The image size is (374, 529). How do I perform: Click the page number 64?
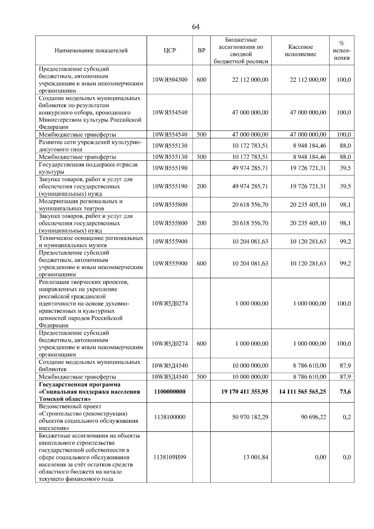tap(196, 27)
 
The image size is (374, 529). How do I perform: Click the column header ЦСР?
tap(170, 50)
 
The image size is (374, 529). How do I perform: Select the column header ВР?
tap(202, 50)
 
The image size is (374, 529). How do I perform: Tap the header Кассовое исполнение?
tap(300, 50)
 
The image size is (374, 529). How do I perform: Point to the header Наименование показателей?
tap(91, 50)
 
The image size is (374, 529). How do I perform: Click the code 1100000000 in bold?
tap(170, 392)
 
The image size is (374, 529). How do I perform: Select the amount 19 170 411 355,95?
tap(245, 392)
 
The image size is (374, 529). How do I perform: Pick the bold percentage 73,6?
tap(345, 392)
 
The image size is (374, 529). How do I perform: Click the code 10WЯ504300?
tap(170, 80)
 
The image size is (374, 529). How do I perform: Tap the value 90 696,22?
tap(313, 417)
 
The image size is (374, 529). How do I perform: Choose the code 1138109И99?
tap(170, 457)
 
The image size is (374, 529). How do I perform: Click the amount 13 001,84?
tap(256, 457)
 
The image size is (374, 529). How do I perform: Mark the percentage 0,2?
tap(347, 417)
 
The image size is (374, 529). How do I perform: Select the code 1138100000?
tap(170, 417)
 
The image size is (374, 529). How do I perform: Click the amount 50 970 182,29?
tap(250, 417)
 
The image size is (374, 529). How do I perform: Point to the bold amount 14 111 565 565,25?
tap(302, 392)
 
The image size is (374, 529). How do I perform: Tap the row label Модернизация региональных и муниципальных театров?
tap(80, 205)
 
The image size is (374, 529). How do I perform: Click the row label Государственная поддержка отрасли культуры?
tap(88, 168)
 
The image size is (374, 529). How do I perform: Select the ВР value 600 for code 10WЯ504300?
tap(202, 80)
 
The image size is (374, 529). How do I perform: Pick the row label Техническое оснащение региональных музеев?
tap(91, 241)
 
